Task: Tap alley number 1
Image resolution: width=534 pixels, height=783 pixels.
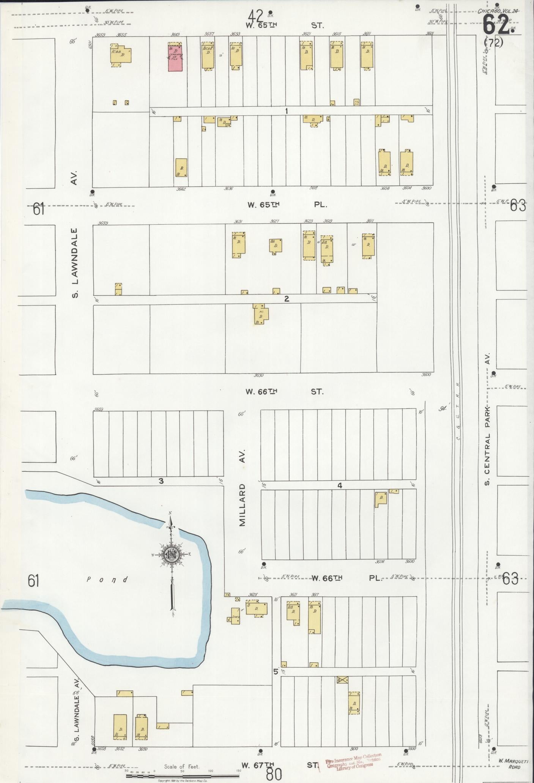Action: [x=287, y=111]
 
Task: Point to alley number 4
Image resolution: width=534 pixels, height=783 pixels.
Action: [x=340, y=485]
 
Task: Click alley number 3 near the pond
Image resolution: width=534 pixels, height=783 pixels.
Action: [x=161, y=481]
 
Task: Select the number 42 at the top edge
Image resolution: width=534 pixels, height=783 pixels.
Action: [x=256, y=16]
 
